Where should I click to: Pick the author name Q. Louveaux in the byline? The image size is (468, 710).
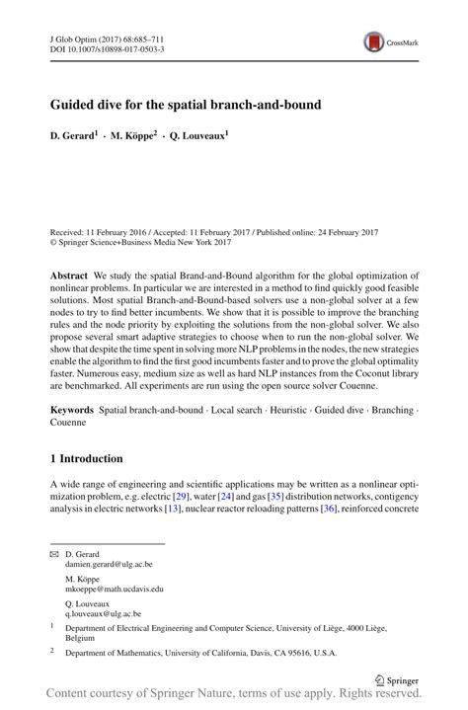tap(195, 133)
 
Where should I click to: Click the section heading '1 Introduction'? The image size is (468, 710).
tap(86, 459)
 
